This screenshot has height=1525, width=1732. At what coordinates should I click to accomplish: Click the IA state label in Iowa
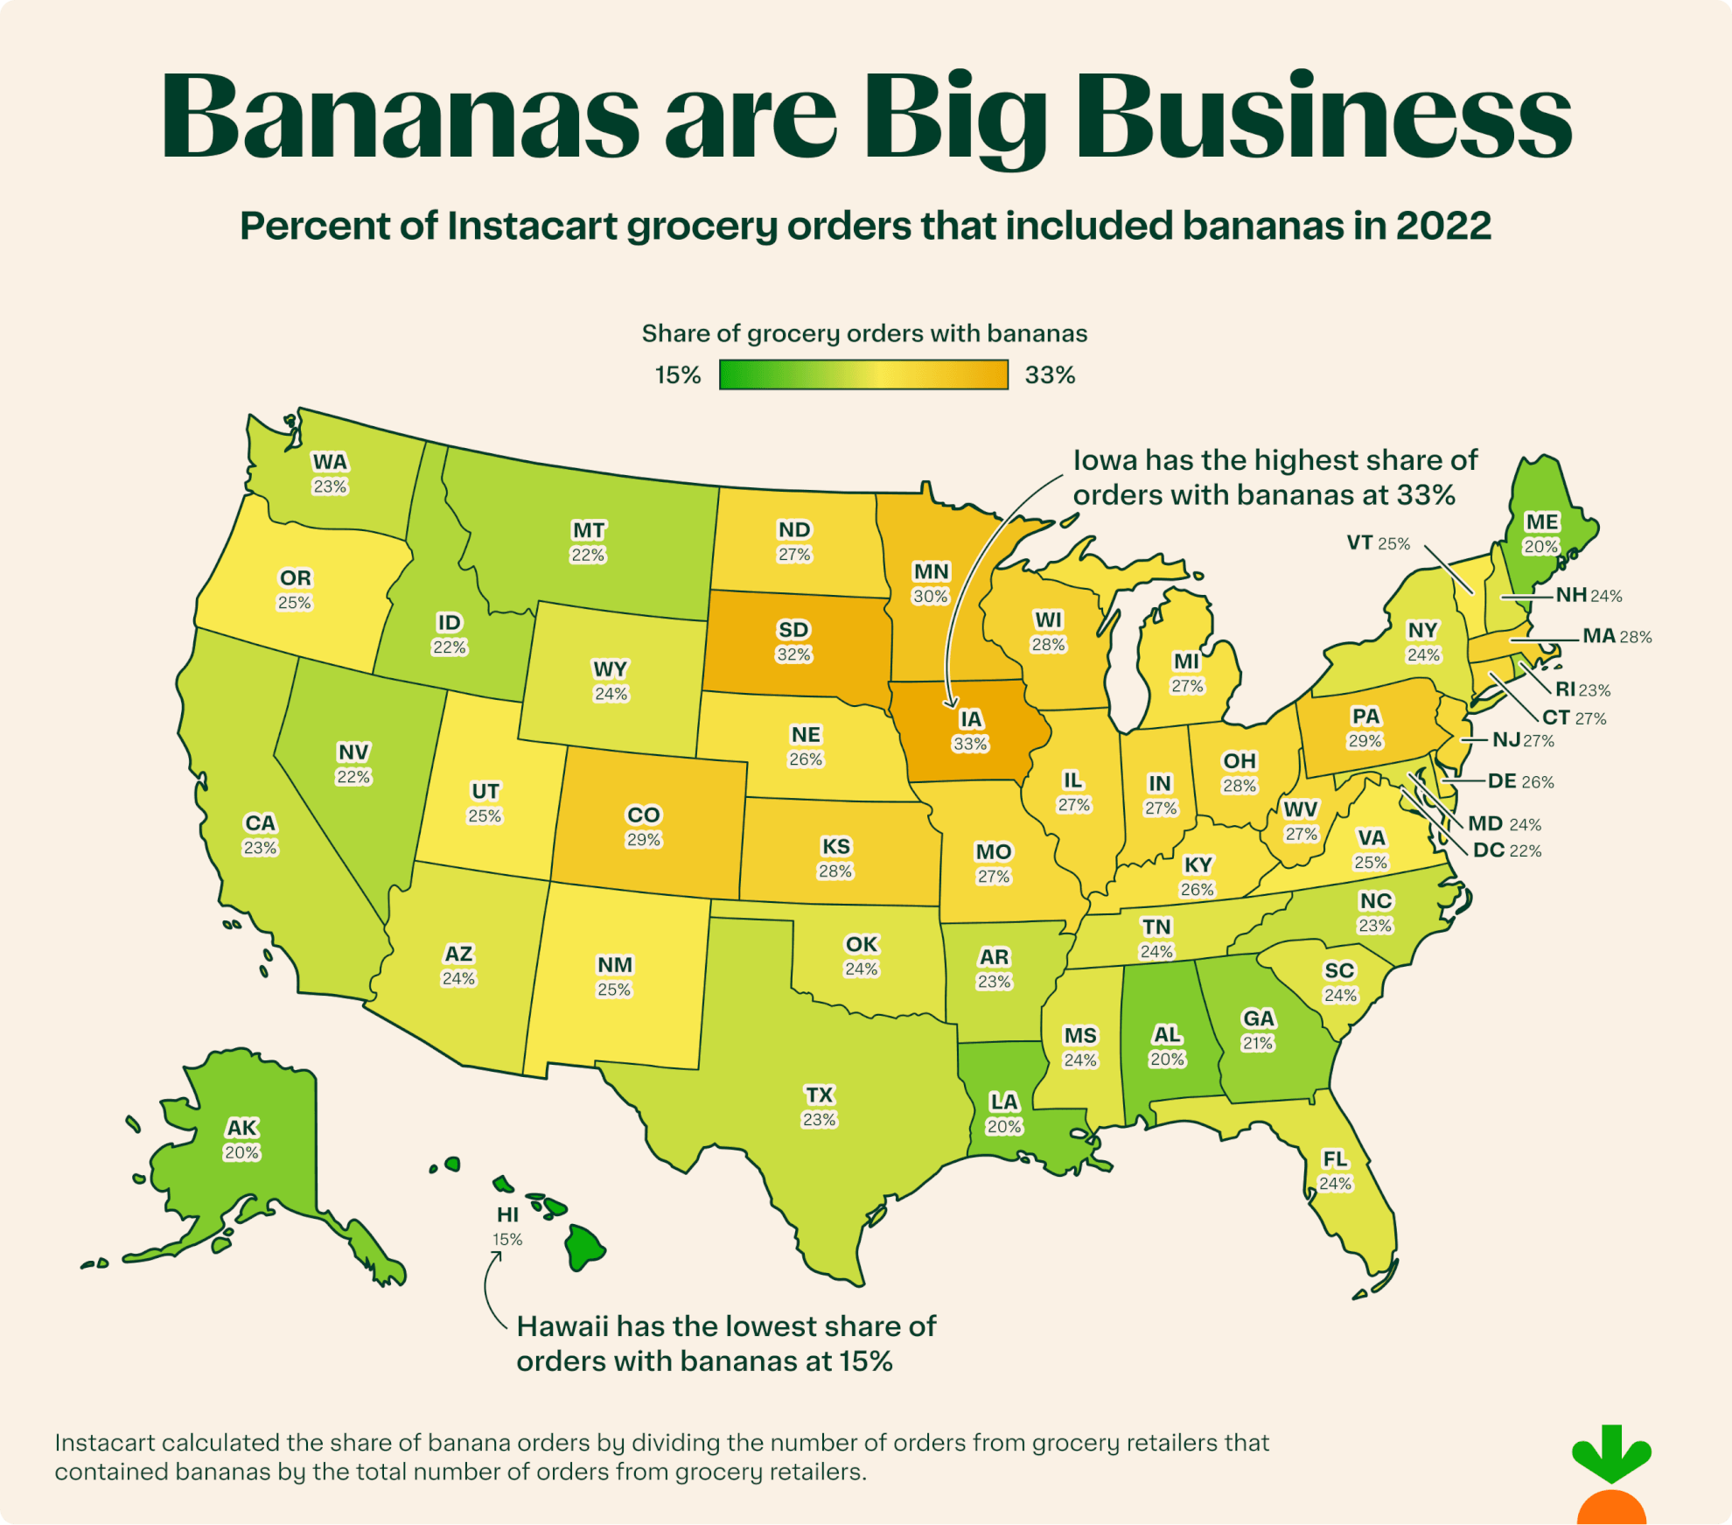[971, 719]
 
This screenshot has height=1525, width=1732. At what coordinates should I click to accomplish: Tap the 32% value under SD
[794, 654]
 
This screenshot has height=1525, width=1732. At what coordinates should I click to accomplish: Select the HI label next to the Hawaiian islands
[507, 1214]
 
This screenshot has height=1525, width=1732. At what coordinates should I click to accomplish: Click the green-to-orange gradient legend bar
[863, 374]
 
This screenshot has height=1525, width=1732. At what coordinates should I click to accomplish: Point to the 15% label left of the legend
[678, 375]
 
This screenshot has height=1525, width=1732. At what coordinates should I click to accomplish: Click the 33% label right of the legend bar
[1050, 375]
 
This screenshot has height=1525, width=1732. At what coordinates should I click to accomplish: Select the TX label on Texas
[820, 1095]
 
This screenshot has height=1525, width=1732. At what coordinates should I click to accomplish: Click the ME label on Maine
[1541, 522]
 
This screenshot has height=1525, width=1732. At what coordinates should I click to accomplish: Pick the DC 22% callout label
[1506, 850]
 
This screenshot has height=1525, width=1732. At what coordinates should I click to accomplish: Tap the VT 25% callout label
[1378, 543]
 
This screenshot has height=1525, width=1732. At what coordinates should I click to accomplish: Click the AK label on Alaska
[242, 1128]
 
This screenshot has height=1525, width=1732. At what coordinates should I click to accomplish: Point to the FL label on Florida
[1335, 1159]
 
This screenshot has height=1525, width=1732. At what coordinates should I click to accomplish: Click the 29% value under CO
[644, 840]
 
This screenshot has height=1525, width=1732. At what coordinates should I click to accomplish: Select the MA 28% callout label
[1616, 637]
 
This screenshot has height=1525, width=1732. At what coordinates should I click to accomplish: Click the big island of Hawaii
[584, 1248]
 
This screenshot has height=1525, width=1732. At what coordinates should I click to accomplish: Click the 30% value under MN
[931, 597]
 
